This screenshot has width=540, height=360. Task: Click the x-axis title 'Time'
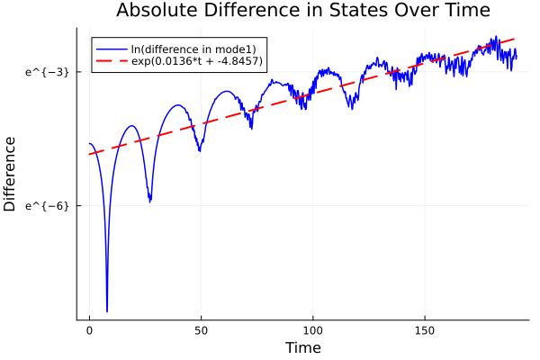point(302,347)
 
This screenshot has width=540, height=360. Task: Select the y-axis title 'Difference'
point(11,174)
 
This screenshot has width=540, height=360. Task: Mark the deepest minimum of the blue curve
point(107,310)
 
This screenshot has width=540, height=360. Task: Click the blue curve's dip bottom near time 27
point(150,202)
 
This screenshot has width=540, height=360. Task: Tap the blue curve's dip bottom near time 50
point(200,150)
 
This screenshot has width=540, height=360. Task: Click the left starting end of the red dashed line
point(90,154)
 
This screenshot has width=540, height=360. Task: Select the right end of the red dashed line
point(516,39)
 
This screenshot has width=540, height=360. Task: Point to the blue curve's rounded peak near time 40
point(178,104)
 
